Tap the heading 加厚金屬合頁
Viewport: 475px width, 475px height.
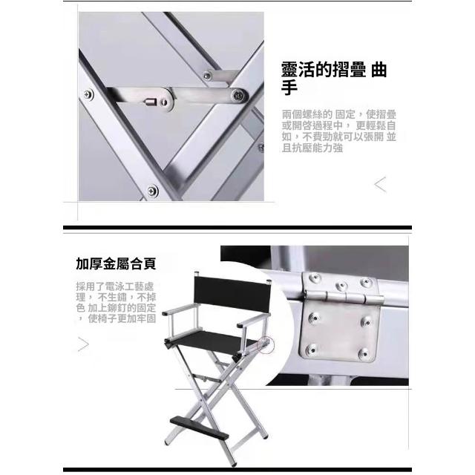click(116, 263)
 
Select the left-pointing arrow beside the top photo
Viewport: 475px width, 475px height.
click(381, 185)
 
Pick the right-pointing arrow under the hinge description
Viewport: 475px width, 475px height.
click(83, 344)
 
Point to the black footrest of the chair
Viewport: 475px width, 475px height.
click(199, 427)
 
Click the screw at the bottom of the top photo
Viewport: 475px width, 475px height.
click(152, 191)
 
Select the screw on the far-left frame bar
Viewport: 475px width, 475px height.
click(88, 94)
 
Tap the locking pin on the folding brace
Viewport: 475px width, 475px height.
click(151, 102)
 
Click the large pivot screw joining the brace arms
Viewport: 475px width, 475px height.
click(238, 96)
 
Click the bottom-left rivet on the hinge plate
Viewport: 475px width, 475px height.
click(311, 349)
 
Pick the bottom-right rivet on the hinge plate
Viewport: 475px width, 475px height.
click(363, 353)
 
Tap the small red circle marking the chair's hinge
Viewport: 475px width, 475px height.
click(266, 345)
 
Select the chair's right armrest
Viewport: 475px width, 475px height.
click(252, 321)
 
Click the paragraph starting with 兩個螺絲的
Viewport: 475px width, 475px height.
click(338, 131)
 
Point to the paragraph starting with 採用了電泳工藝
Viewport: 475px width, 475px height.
click(116, 302)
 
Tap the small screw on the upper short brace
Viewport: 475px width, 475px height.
click(207, 75)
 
